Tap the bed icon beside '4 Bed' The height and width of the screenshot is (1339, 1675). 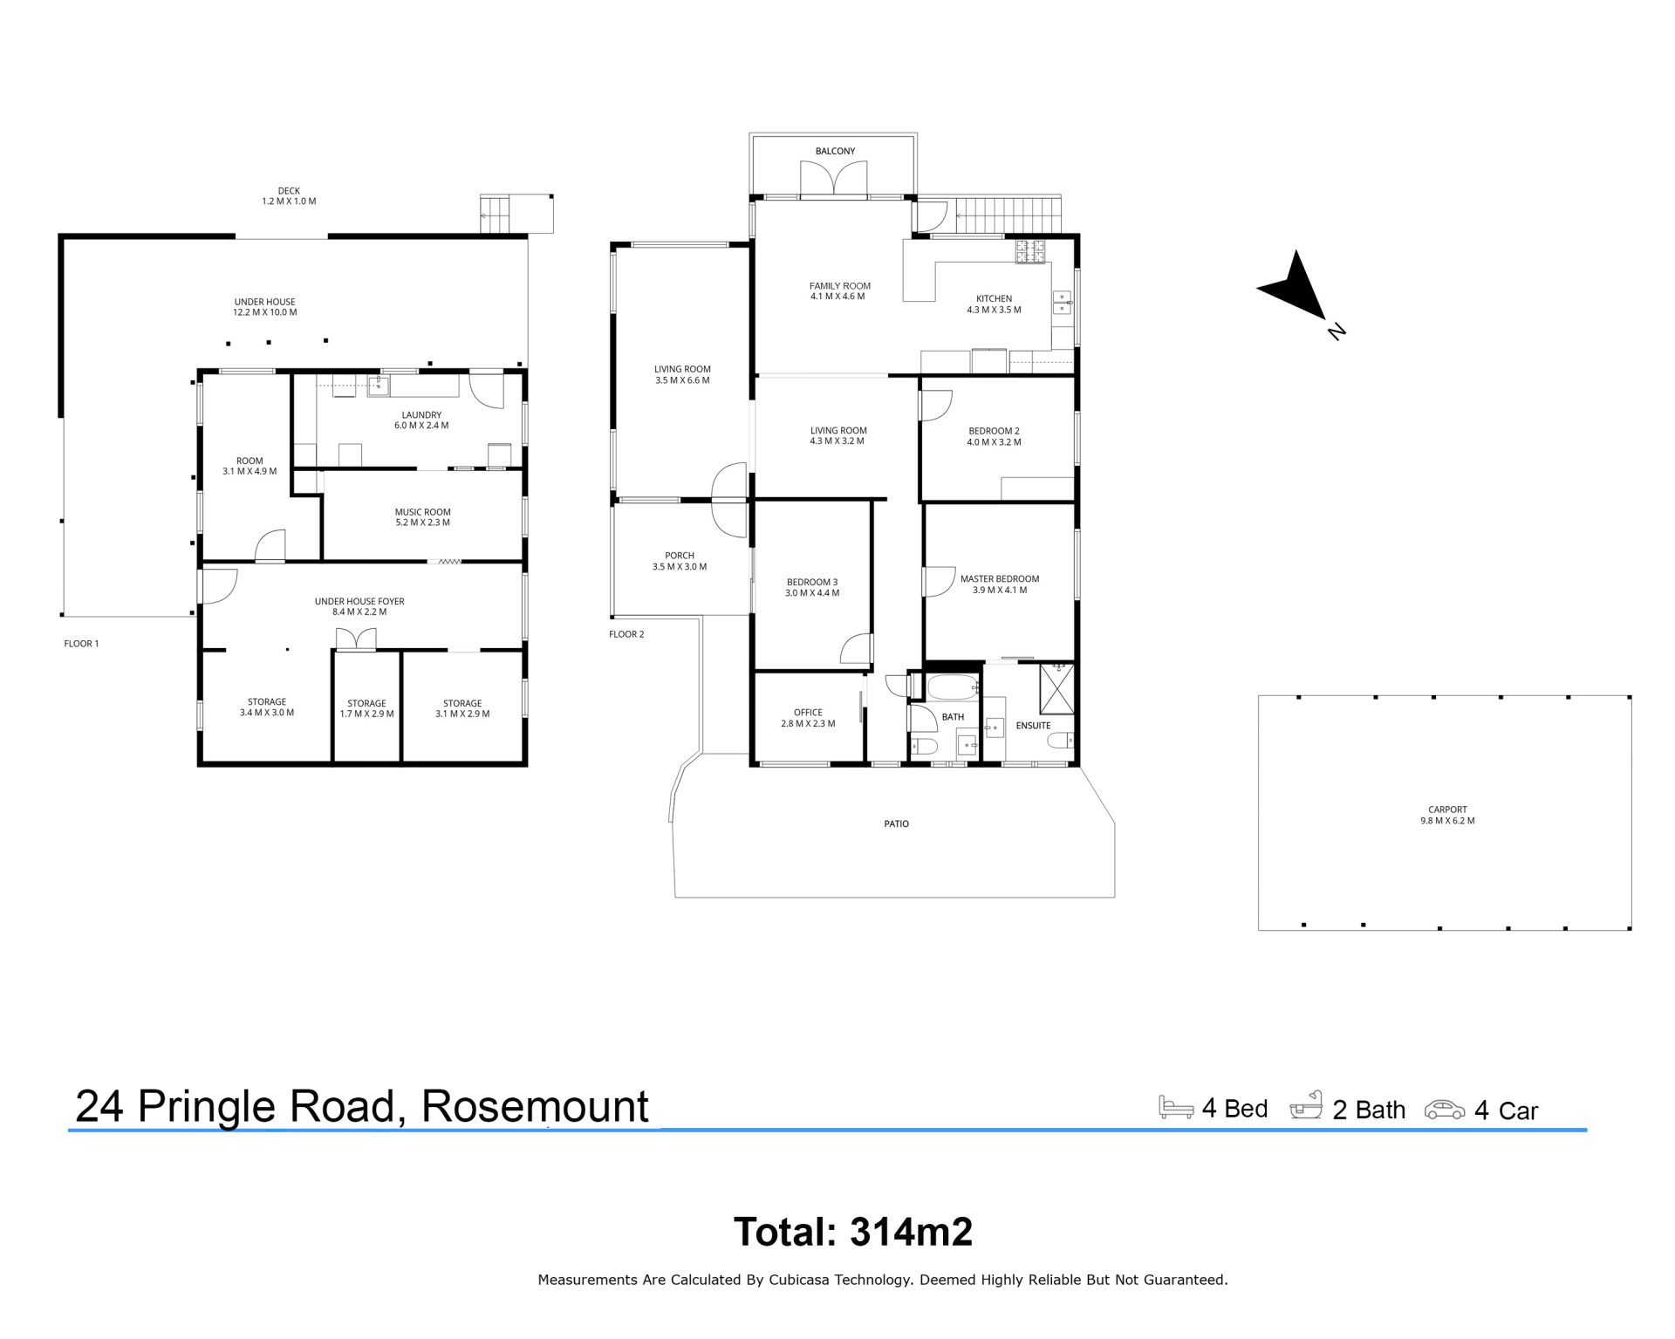point(1176,1107)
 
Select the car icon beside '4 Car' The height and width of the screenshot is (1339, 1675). point(1445,1110)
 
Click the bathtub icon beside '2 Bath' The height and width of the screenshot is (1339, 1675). point(1306,1105)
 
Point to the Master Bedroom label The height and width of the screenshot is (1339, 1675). point(1000,579)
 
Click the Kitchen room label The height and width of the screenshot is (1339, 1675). point(995,298)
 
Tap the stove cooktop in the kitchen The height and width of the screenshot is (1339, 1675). point(1029,251)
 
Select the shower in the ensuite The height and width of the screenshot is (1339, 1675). point(1057,689)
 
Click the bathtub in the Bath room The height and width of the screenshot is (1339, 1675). point(953,687)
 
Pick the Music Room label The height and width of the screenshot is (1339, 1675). point(422,513)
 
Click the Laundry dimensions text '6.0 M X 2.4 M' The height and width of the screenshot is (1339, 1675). point(421,426)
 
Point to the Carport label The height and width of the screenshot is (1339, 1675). point(1447,810)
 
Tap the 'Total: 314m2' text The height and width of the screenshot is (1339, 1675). point(853,1232)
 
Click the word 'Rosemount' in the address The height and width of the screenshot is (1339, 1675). point(535,1106)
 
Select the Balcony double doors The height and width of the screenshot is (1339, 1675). point(835,181)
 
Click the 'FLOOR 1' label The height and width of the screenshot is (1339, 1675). point(81,644)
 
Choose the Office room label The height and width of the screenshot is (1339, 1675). point(808,713)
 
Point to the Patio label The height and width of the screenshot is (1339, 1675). point(896,823)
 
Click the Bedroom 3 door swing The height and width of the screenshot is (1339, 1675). point(856,648)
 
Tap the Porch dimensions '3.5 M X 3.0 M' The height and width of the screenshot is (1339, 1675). point(680,567)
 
